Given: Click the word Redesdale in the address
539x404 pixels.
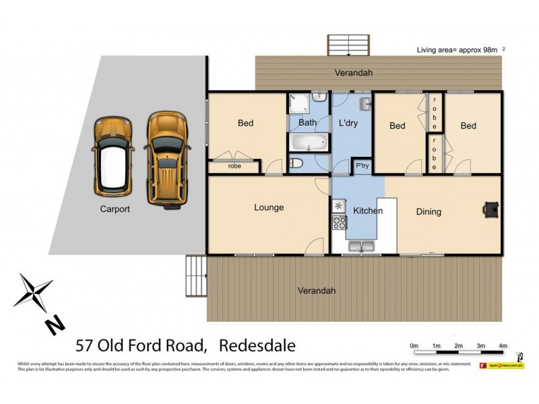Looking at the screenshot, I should (x=257, y=346).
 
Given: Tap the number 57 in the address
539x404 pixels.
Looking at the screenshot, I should (x=84, y=346).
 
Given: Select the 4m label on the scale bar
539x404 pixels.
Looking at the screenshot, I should (x=502, y=346).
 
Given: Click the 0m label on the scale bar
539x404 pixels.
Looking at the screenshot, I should (x=414, y=346).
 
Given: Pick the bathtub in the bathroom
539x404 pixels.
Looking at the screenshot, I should (x=309, y=143).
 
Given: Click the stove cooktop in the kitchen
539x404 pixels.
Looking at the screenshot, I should (x=338, y=223).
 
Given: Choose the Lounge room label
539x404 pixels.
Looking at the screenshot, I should (x=269, y=207).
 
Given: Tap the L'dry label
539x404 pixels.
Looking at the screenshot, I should (x=348, y=124).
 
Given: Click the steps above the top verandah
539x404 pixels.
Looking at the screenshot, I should (x=348, y=45).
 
